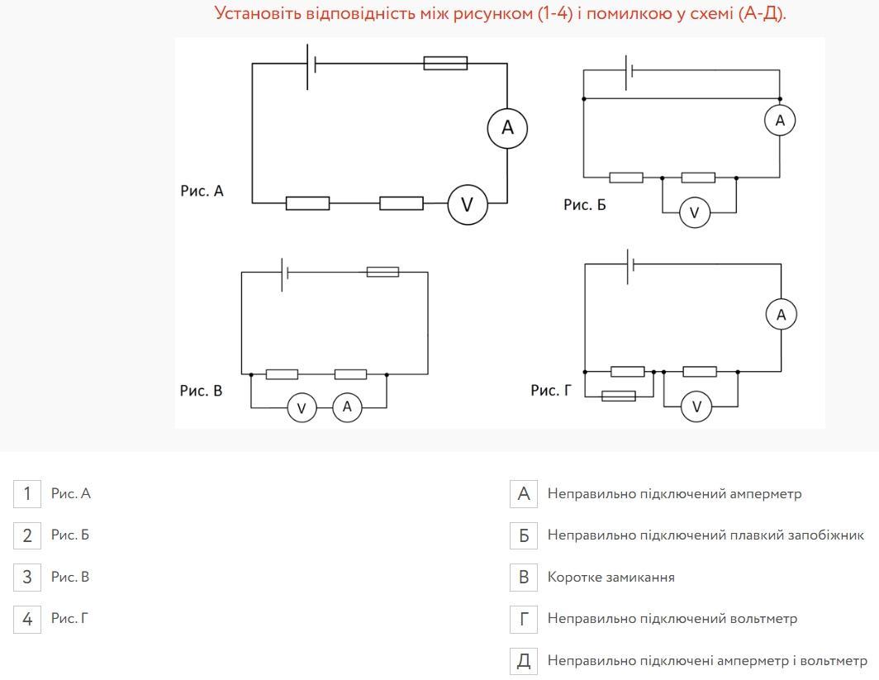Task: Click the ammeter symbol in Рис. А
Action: click(507, 127)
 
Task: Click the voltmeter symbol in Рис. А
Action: click(467, 204)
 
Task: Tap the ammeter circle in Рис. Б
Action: click(780, 121)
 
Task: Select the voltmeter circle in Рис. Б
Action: click(694, 213)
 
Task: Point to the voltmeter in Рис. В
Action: click(302, 407)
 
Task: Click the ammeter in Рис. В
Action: click(347, 407)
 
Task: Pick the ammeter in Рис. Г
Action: click(782, 314)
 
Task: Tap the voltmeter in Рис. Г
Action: click(696, 407)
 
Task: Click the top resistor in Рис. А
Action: click(445, 63)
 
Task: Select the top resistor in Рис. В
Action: click(382, 272)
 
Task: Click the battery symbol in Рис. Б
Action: click(629, 71)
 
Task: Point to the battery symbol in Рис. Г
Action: click(630, 264)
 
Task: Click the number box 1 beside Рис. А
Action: click(27, 494)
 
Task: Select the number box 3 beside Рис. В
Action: click(27, 577)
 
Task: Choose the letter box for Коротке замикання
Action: click(524, 577)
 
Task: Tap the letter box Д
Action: click(524, 660)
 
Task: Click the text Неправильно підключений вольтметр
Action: click(672, 618)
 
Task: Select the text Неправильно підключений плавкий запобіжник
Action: click(706, 535)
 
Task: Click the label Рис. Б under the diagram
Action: click(585, 204)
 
